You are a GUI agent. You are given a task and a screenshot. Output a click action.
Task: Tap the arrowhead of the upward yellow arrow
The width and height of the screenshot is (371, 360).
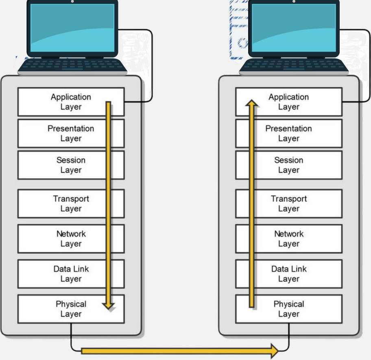pos(252,104)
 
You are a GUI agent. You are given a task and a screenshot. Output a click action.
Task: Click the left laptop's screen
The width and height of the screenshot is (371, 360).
pos(72,28)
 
